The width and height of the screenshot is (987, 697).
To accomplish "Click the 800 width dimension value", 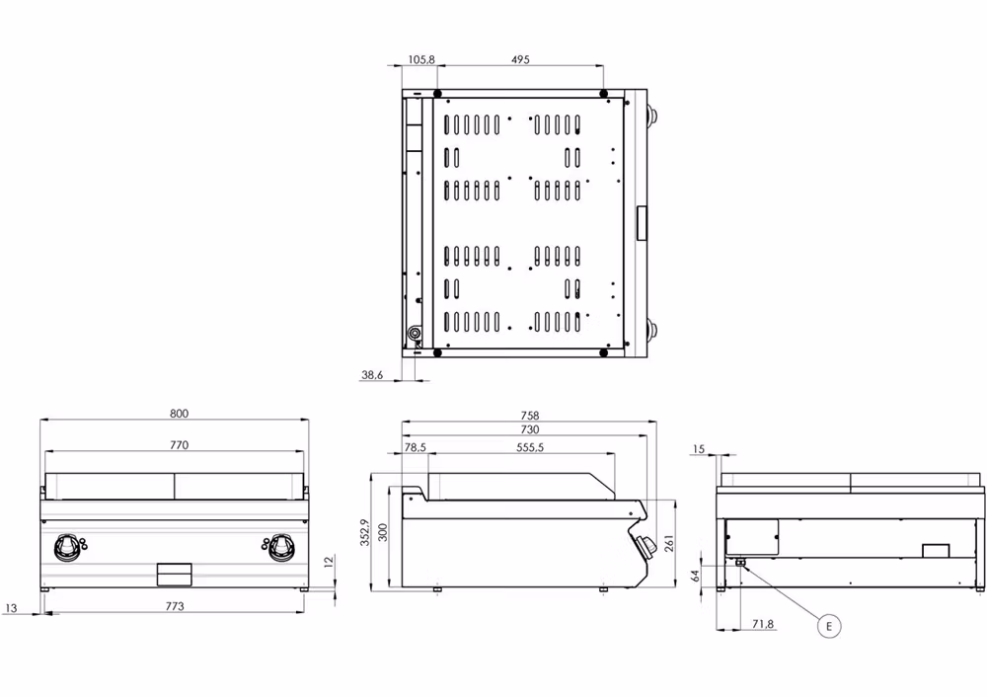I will click(178, 414).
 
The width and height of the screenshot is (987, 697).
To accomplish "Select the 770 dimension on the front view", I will click(178, 445).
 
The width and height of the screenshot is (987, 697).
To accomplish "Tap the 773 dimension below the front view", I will click(175, 606).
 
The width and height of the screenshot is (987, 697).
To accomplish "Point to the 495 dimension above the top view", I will click(520, 59).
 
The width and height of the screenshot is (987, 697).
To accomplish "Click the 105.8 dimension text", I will click(420, 59).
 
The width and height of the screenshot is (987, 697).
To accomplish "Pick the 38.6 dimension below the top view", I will click(372, 374).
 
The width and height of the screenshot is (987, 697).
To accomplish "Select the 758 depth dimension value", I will click(530, 416).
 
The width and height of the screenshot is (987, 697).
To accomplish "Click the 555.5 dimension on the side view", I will click(530, 447).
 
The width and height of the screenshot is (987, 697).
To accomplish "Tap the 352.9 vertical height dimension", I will click(364, 532).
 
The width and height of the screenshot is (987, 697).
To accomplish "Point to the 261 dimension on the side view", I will click(670, 543).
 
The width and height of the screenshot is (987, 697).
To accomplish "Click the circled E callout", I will click(829, 625).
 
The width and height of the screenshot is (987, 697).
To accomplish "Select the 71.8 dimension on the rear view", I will click(763, 625).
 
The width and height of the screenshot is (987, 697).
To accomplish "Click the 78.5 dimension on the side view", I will click(416, 447).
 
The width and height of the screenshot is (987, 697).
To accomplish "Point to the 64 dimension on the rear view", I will click(697, 575).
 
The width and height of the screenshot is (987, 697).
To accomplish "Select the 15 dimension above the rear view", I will click(699, 450).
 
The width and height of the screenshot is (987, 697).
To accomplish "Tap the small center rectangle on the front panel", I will click(175, 573).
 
